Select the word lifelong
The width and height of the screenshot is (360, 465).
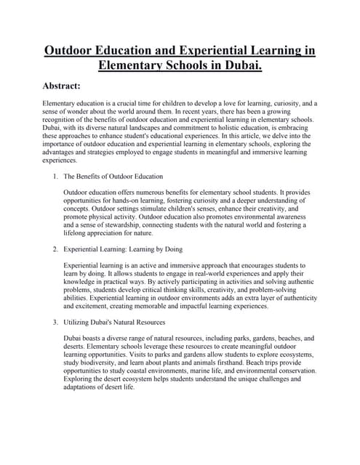coord(77,235)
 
